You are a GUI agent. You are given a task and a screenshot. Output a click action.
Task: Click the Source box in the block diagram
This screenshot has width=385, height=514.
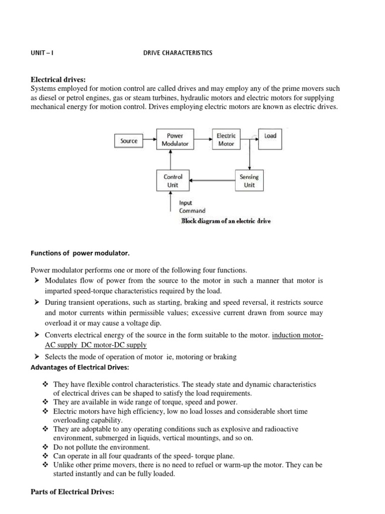[x=129, y=141]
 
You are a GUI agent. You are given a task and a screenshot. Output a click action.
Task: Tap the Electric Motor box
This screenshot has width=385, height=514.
[x=225, y=140]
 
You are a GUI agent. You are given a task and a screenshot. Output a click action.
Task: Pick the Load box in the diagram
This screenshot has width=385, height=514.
[x=270, y=136]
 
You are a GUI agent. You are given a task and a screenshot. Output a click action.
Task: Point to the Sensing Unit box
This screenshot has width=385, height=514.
[x=249, y=181]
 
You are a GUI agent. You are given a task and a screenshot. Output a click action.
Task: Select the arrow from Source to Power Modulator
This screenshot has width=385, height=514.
[x=149, y=141]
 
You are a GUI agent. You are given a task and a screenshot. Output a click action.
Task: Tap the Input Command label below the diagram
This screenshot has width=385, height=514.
[x=192, y=207]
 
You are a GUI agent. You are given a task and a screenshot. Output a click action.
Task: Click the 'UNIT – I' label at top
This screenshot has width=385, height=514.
[x=42, y=53]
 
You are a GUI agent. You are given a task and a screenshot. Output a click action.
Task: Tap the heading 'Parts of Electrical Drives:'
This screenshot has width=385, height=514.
[x=73, y=492]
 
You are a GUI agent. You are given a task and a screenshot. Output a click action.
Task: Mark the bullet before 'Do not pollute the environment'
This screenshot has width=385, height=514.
[x=46, y=447]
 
